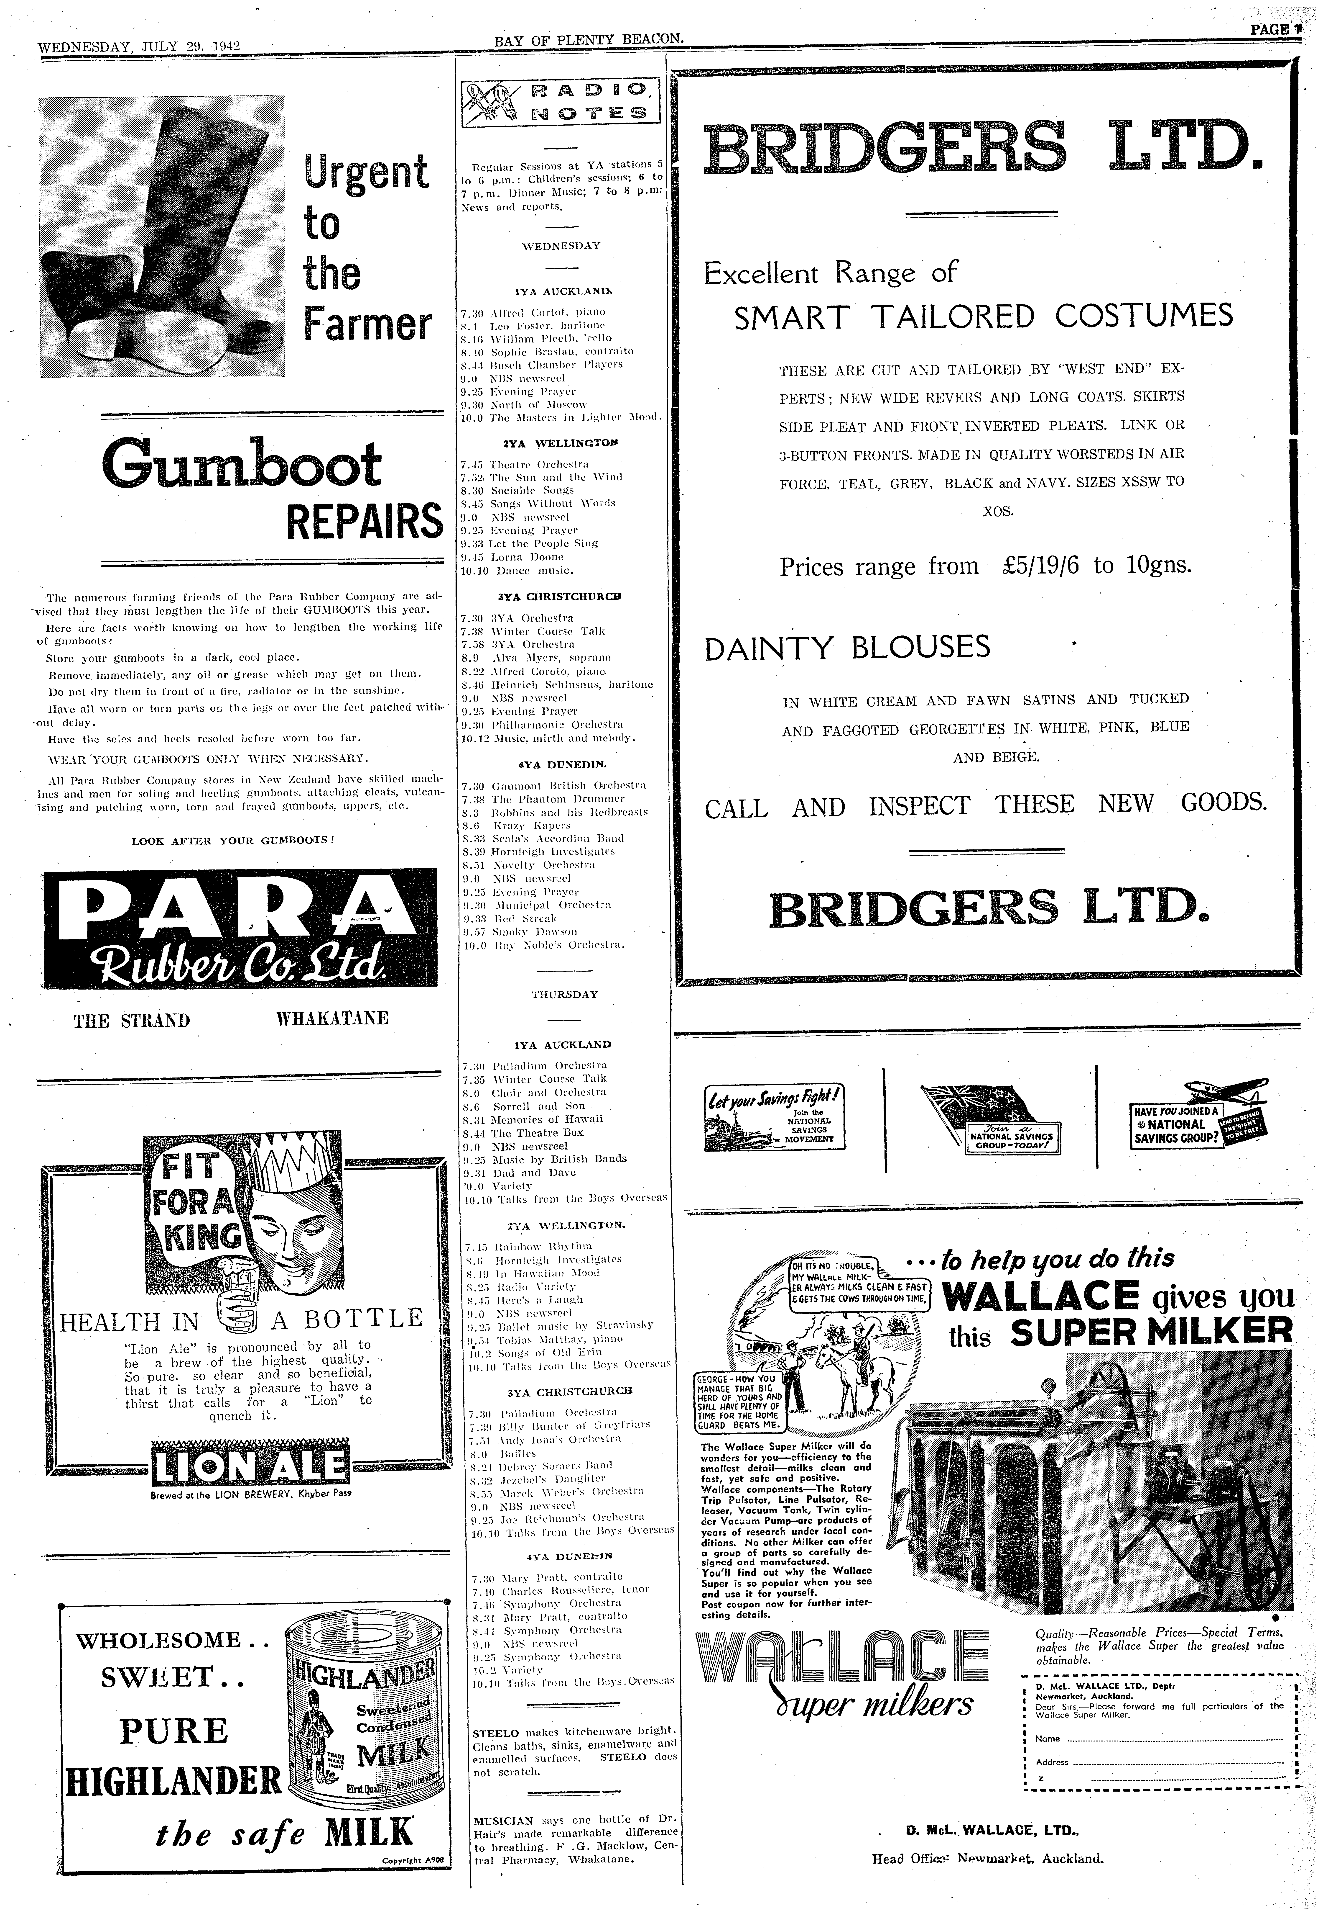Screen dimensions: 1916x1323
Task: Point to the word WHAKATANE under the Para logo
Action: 331,1018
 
